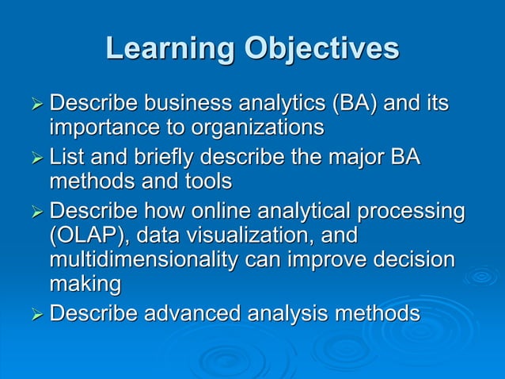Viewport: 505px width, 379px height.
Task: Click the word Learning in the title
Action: coord(169,49)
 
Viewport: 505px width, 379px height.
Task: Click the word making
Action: coord(85,284)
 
